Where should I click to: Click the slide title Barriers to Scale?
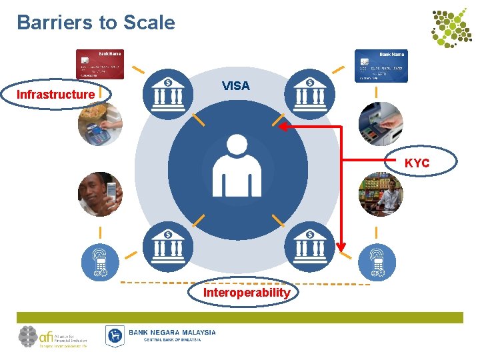point(96,23)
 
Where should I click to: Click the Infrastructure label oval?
point(56,95)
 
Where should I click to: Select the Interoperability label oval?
point(247,293)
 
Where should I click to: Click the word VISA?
point(235,86)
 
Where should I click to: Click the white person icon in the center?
point(236,166)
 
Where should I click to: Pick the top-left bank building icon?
point(167,93)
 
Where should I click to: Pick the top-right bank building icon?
point(309,93)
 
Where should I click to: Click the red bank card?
point(99,65)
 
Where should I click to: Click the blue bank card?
point(380,66)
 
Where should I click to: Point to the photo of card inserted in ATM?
point(381,124)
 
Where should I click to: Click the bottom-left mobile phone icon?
point(100,261)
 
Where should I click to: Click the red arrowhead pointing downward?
point(341,247)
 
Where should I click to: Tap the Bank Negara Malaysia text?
point(172,333)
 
